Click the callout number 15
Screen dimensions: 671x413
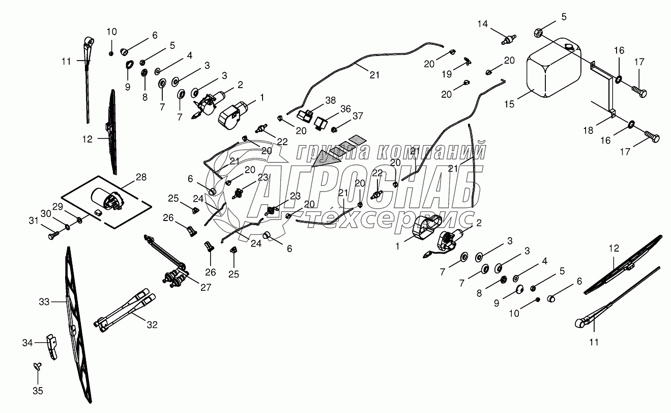pos(509,104)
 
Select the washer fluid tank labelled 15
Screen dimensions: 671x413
pos(553,68)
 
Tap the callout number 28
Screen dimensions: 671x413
pos(141,177)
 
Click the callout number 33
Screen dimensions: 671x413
pos(44,301)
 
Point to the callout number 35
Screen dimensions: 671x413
pos(38,391)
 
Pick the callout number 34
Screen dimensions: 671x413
pos(27,343)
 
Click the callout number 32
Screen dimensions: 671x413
pos(152,324)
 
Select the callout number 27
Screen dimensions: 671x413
pos(206,287)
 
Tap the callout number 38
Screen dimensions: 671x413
pos(330,100)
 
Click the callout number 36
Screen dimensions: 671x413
pos(345,109)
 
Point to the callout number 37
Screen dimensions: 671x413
pos(358,116)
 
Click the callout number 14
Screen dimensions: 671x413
pos(483,24)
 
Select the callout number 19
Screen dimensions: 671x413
pos(447,74)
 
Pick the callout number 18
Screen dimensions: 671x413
pos(588,130)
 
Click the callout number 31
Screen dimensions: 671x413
pos(34,221)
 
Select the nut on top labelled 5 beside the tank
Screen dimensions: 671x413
pos(538,33)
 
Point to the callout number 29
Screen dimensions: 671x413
pos(58,207)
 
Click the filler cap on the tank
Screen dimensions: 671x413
pos(568,47)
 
